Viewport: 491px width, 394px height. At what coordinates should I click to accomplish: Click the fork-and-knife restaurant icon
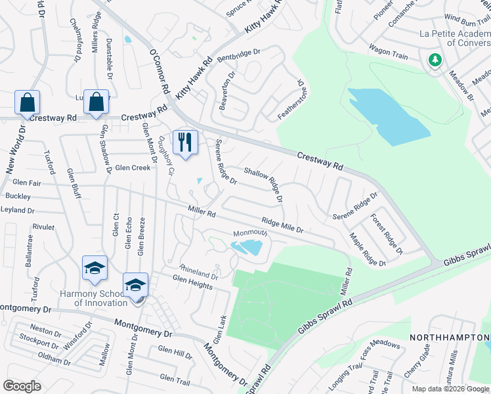pyautogui.click(x=185, y=141)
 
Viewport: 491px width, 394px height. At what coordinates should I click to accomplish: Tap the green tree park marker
pyautogui.click(x=435, y=60)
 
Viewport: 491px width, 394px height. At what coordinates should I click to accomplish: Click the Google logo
pyautogui.click(x=22, y=386)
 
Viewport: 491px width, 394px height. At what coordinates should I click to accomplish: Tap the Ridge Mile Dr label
pyautogui.click(x=282, y=226)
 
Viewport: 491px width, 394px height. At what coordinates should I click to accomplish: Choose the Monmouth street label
pyautogui.click(x=250, y=234)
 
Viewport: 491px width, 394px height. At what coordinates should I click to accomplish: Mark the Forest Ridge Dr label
pyautogui.click(x=387, y=234)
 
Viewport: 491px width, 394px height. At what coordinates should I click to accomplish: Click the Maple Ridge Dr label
pyautogui.click(x=368, y=250)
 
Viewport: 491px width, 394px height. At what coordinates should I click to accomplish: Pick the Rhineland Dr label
pyautogui.click(x=199, y=272)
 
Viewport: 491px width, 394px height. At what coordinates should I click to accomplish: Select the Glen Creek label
pyautogui.click(x=133, y=167)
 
